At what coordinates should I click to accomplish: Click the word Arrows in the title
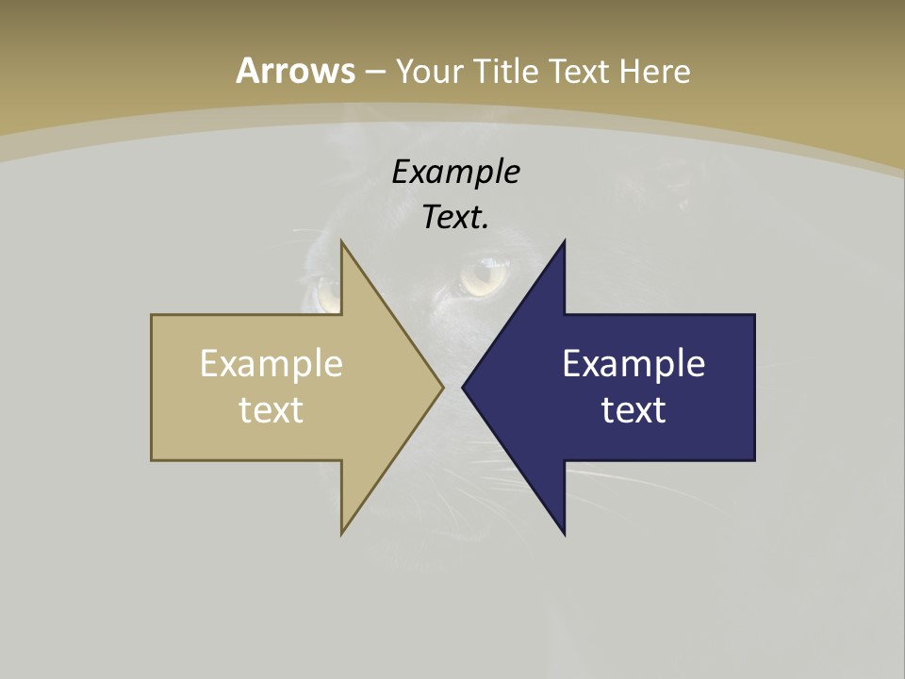point(295,71)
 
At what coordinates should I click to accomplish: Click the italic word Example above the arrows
point(455,172)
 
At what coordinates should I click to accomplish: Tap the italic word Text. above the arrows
point(455,217)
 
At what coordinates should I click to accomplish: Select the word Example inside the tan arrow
point(271,364)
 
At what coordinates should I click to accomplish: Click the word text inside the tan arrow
point(271,409)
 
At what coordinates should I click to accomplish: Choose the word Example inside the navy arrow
point(633,364)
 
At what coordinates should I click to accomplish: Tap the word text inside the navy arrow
point(633,409)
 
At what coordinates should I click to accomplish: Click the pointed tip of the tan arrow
point(442,387)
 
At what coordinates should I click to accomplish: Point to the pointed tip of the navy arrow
point(463,387)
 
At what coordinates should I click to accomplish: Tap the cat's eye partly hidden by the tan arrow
point(327,293)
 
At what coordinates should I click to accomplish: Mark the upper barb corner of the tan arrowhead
point(342,241)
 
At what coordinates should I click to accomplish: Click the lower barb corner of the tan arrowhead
point(342,534)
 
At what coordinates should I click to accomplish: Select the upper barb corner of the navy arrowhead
point(564,241)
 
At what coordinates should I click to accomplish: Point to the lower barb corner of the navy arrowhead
point(564,534)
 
